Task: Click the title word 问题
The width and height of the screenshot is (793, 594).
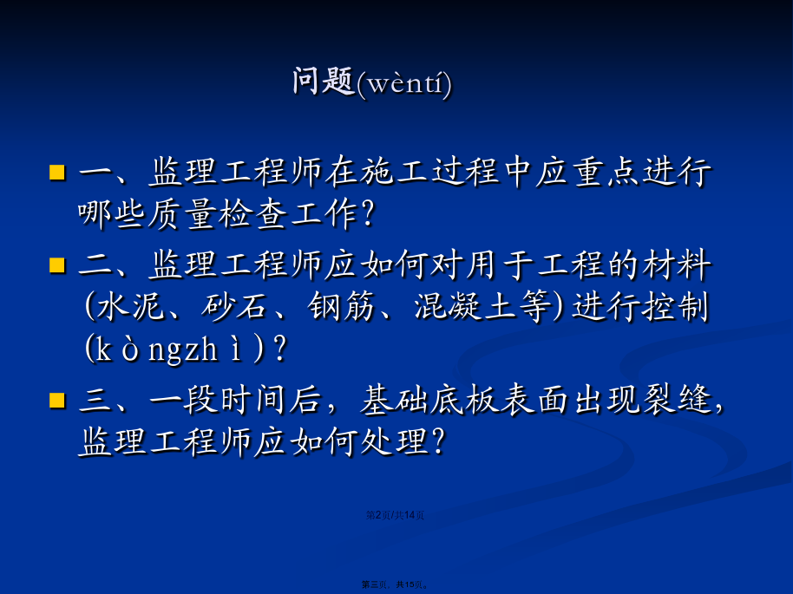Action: [x=323, y=81]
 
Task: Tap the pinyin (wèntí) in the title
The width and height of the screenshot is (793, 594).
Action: [x=403, y=83]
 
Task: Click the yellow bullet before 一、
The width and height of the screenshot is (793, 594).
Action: [x=57, y=172]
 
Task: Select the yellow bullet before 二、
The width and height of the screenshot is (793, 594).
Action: [x=57, y=264]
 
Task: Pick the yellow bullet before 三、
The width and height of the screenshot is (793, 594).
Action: [x=57, y=400]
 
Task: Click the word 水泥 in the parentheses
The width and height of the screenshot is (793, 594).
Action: [x=130, y=307]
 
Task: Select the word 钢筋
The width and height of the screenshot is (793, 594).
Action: [x=341, y=307]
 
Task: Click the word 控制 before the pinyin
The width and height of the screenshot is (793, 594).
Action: [x=675, y=307]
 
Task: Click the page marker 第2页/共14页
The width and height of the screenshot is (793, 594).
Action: [x=395, y=515]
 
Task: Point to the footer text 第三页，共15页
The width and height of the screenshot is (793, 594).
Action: [x=395, y=585]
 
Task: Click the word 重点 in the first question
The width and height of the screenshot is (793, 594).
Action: [x=606, y=172]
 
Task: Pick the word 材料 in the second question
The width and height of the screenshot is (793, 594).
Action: [x=677, y=264]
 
